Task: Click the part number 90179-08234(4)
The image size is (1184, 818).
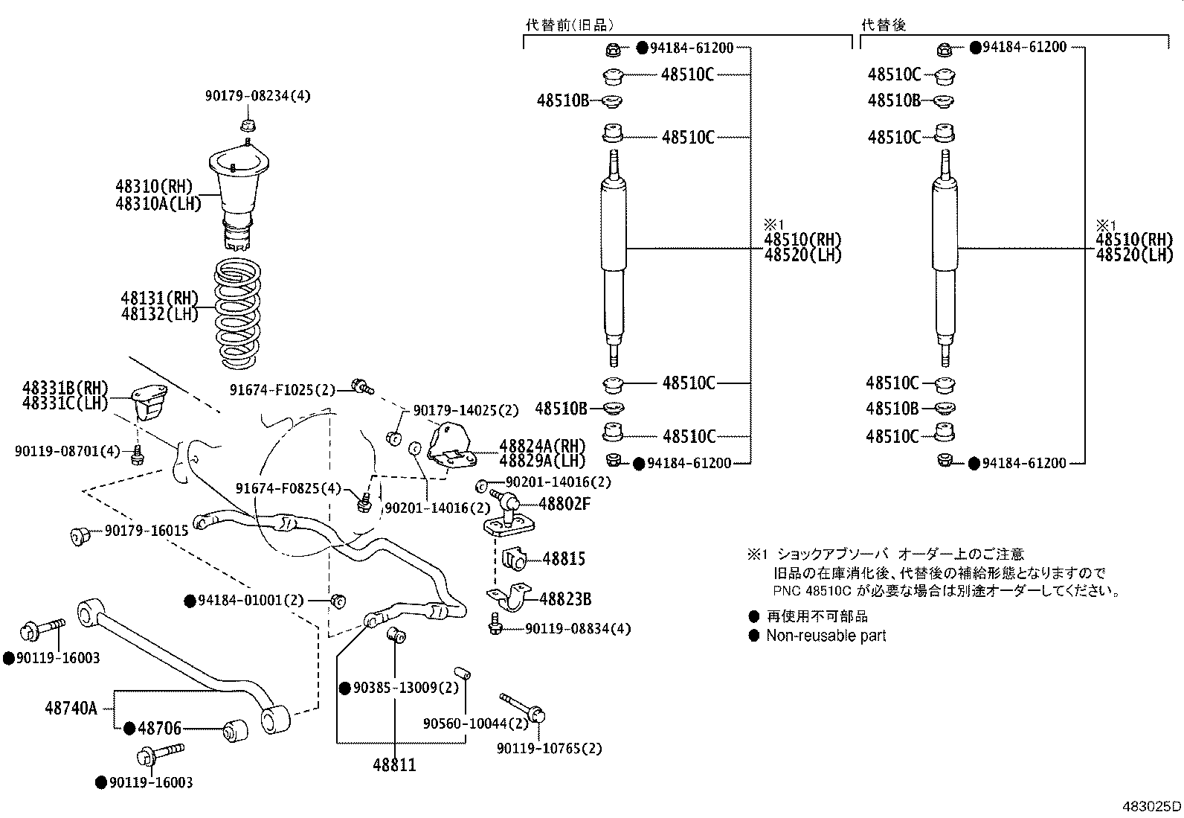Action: pos(258,96)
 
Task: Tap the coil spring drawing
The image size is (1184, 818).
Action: pos(237,313)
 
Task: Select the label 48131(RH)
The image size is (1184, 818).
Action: pos(160,298)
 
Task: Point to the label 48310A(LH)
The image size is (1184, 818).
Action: pos(158,204)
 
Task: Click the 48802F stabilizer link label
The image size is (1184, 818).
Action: pos(564,504)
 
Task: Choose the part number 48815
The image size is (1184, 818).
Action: pos(564,559)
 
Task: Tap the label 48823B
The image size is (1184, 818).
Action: pos(565,599)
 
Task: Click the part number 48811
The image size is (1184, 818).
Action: pos(394,764)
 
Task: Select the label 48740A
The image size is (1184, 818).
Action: pos(71,708)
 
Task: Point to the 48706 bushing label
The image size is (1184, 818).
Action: pos(159,729)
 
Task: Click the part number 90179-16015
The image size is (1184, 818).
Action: pos(147,531)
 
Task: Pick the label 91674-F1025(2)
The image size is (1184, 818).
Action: pos(283,390)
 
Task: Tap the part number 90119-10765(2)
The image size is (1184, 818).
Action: pos(549,749)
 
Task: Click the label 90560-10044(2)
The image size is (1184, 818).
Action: pos(476,723)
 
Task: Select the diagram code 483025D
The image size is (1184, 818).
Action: pos(1151,806)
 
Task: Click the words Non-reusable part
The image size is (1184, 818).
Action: pos(826,636)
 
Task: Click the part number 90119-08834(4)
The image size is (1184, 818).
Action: pos(578,629)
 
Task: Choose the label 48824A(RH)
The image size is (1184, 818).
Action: pos(543,446)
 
